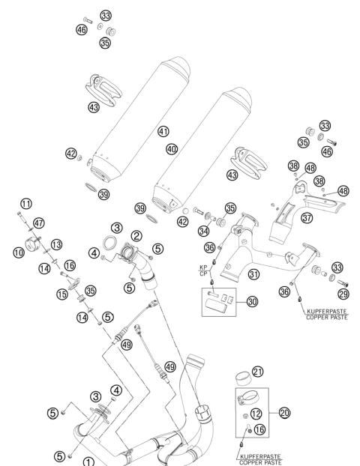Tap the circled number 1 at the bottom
[89, 462]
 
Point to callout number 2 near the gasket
[136, 235]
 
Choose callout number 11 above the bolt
[26, 203]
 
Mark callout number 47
[39, 223]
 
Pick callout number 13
[56, 244]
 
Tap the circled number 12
[256, 414]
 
